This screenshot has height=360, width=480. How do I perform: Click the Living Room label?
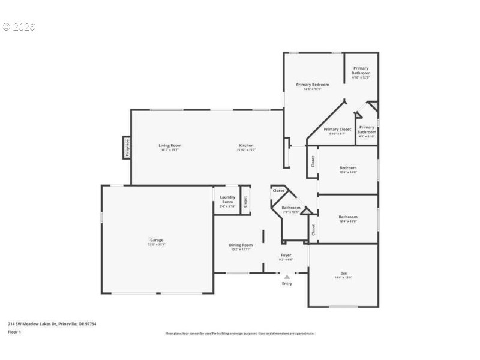tap(170, 145)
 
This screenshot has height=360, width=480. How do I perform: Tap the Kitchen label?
tap(246, 145)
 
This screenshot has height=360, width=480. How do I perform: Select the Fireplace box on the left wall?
tap(127, 147)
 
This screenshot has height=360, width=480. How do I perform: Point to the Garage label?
tap(157, 240)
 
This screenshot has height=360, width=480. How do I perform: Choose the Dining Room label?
tap(241, 245)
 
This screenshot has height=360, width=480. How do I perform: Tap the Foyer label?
tap(286, 255)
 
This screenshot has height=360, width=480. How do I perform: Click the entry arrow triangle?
tap(287, 277)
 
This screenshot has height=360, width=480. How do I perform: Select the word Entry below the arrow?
tap(287, 283)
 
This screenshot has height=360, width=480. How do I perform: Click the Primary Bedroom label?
tap(312, 85)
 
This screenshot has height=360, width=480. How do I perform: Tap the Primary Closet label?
tap(337, 129)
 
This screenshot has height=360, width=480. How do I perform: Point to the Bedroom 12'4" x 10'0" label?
tap(348, 168)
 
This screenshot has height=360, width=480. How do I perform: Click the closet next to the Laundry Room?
tap(245, 201)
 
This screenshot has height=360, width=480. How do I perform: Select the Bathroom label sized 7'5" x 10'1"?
tap(291, 208)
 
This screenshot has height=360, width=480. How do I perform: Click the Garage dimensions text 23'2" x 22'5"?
tap(157, 245)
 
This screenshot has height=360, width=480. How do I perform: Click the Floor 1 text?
tap(14, 331)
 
